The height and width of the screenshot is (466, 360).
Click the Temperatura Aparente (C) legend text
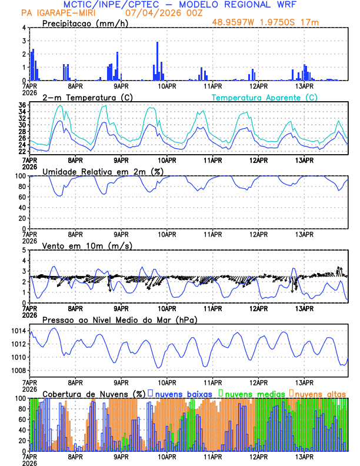click(x=264, y=97)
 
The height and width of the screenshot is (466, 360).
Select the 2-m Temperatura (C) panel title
click(x=82, y=97)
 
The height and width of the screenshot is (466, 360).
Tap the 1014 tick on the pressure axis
click(x=17, y=331)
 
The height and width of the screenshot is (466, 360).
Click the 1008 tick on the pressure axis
click(x=17, y=370)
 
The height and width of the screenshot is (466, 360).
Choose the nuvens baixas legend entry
click(x=182, y=393)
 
